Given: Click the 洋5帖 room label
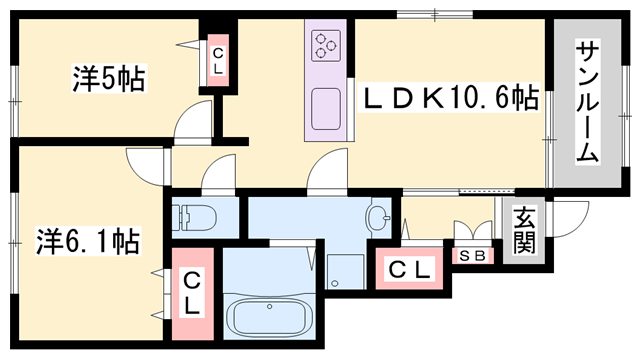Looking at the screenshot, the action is click(x=109, y=78).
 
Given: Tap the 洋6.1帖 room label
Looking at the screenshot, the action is click(x=89, y=241).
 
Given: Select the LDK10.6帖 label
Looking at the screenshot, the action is click(x=449, y=97).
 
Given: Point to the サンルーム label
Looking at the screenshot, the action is click(x=588, y=102).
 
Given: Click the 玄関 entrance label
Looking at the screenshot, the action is click(x=524, y=230).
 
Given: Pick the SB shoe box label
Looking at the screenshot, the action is click(x=473, y=256).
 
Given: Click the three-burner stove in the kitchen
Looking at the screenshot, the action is click(x=326, y=45).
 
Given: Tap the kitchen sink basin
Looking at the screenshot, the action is click(x=326, y=109).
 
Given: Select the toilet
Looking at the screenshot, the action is click(x=194, y=218).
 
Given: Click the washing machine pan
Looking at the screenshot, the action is click(x=345, y=271).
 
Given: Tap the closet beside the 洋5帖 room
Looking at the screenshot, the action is click(x=218, y=60).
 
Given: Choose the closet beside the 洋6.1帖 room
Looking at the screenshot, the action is click(x=192, y=293).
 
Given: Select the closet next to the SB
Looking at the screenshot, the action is click(x=409, y=269).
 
